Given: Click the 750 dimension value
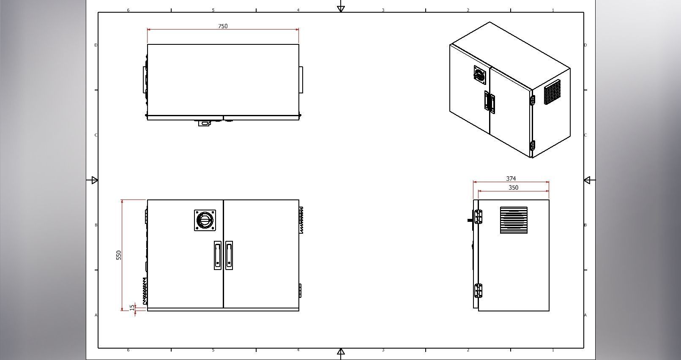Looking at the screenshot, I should (x=223, y=26).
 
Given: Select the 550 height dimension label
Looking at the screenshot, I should (x=119, y=255).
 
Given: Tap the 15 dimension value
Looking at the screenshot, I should (x=132, y=308).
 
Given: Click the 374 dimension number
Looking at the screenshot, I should (x=511, y=179).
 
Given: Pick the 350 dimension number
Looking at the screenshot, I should (x=513, y=188).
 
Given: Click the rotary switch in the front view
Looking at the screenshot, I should (x=205, y=220).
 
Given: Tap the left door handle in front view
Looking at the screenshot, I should (x=217, y=255).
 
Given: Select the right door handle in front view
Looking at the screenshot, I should (x=229, y=255).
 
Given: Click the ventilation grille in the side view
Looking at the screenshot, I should (x=514, y=220).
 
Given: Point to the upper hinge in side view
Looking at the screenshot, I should (x=479, y=217).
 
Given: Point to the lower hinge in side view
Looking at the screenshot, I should (x=479, y=291).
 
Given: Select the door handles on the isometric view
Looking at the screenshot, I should (x=490, y=102).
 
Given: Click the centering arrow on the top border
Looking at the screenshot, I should (x=341, y=8).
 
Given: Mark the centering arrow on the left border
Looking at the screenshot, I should (x=94, y=180).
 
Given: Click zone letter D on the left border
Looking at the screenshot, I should (x=96, y=45).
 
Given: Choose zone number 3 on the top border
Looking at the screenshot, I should (x=383, y=10).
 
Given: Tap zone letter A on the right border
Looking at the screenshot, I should (x=585, y=315).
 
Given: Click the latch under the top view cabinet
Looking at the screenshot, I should (x=205, y=123).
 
